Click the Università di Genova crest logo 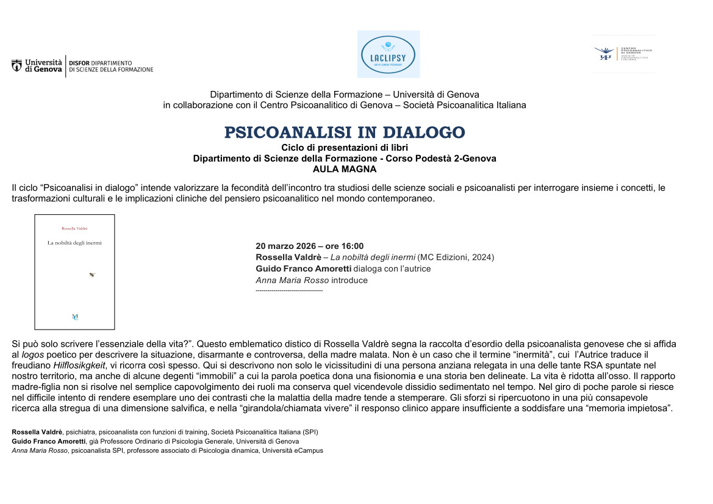tap(17, 65)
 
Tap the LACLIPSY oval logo tap(388, 54)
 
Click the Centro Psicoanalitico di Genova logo tap(623, 54)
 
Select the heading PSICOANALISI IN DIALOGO tap(345, 132)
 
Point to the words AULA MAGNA tap(345, 168)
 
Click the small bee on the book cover tap(92, 275)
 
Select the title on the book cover tap(74, 243)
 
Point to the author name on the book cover tap(74, 228)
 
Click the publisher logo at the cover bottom tap(74, 316)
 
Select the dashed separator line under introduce tap(288, 291)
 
